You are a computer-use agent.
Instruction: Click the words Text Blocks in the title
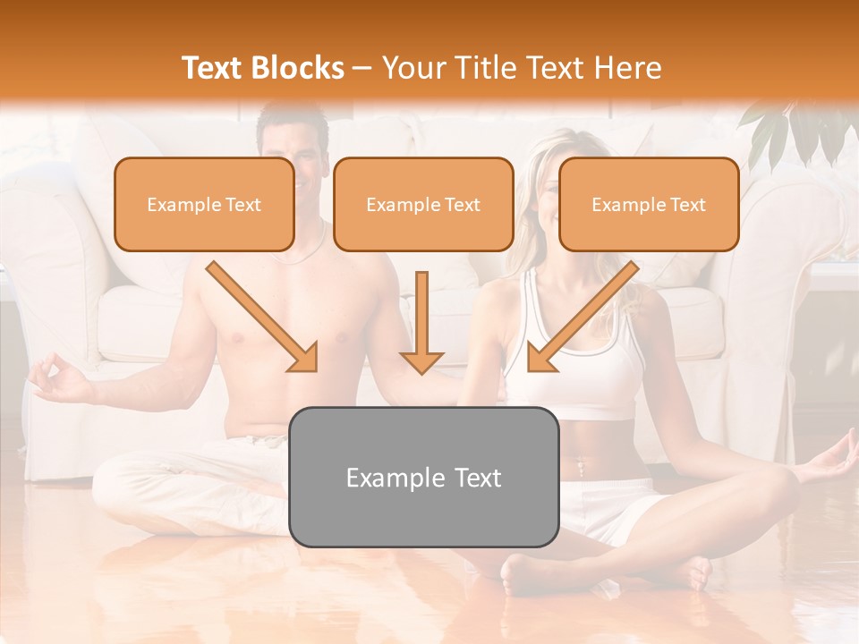[x=262, y=68]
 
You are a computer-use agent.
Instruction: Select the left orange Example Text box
[x=204, y=205]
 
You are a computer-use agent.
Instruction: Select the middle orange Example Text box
[x=423, y=205]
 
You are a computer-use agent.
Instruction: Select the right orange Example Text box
[x=649, y=205]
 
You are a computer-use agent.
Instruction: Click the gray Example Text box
[x=423, y=477]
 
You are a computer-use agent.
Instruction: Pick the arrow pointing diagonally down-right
[x=262, y=317]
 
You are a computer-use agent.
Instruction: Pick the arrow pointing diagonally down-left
[x=583, y=317]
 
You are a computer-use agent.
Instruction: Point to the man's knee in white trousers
[x=125, y=483]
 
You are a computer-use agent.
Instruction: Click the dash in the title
[x=362, y=69]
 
